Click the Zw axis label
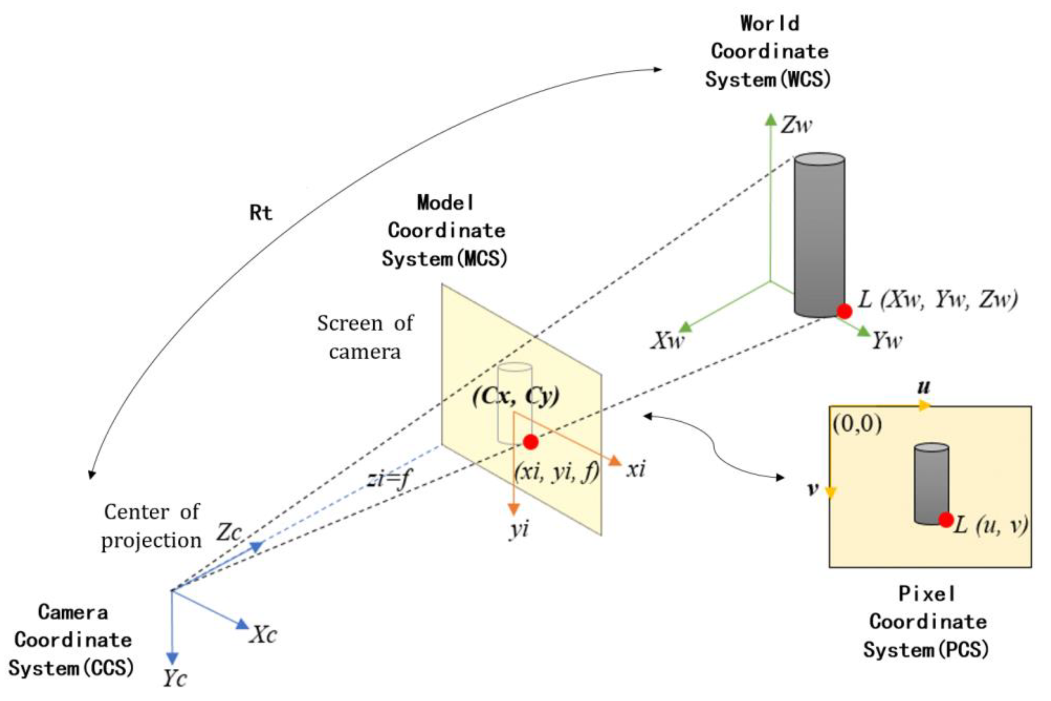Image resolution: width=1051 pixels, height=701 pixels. (796, 125)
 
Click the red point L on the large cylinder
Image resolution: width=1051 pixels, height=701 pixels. (844, 311)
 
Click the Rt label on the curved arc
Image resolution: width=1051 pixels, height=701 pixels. (260, 213)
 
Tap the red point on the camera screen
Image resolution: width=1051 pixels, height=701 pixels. (530, 442)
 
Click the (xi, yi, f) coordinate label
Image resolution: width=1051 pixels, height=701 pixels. (557, 472)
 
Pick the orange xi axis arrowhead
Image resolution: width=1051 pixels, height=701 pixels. (615, 461)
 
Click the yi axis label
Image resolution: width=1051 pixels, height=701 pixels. (519, 529)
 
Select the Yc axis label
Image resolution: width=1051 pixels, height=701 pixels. (174, 679)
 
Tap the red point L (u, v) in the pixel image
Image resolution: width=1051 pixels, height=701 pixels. (946, 520)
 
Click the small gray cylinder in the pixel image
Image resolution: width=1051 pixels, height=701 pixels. (931, 484)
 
